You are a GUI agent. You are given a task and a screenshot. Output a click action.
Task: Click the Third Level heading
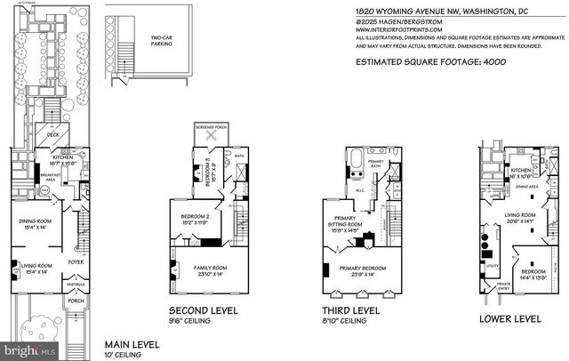352,311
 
